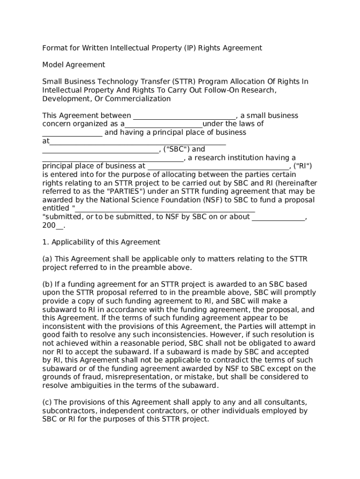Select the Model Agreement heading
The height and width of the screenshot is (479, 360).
click(74, 65)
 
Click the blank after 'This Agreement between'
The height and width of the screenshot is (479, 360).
click(185, 116)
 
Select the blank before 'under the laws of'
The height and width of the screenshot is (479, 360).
click(164, 124)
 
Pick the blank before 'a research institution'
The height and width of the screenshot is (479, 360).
click(113, 158)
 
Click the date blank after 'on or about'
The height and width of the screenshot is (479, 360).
click(279, 217)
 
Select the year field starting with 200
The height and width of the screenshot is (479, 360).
click(53, 225)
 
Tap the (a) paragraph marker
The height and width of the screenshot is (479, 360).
click(47, 259)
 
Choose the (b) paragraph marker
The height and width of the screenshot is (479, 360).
click(48, 284)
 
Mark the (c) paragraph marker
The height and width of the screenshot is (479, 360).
click(47, 402)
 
